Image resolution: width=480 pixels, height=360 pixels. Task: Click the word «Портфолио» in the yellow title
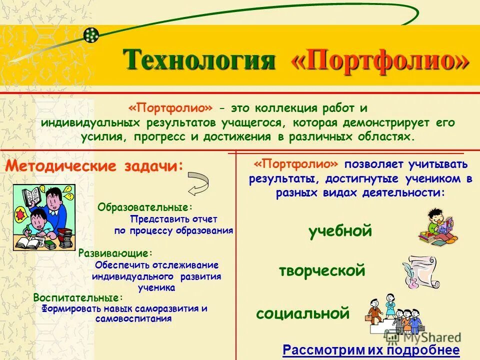[380, 61]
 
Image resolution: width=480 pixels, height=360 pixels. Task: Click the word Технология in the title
[200, 60]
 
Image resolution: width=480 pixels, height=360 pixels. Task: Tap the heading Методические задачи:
[94, 166]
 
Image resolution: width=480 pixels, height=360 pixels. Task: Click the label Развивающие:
[115, 253]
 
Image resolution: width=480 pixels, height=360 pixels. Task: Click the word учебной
[340, 231]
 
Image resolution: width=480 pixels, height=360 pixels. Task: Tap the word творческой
[322, 271]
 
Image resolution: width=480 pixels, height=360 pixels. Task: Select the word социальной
[302, 313]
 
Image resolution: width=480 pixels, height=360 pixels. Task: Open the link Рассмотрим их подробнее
[371, 350]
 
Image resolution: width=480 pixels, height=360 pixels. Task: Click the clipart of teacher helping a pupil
[43, 217]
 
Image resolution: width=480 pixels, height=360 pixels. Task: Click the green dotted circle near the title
[91, 34]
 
